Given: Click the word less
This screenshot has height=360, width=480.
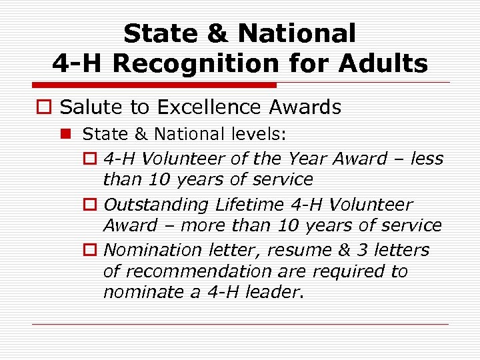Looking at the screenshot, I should click(427, 159).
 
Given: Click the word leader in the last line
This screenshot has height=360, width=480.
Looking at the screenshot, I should click(272, 292).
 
